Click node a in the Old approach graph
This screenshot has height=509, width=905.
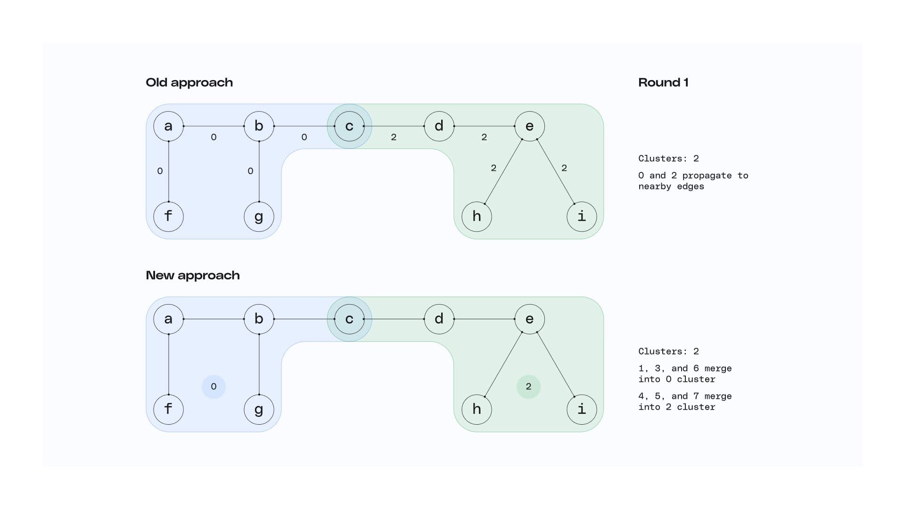(168, 126)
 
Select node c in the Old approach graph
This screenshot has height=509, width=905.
(349, 126)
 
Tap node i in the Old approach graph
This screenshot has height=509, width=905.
(582, 217)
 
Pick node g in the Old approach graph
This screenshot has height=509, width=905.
(259, 217)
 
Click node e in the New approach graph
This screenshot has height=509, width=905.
(529, 319)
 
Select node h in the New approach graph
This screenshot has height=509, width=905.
(477, 409)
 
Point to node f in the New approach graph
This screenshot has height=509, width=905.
(168, 409)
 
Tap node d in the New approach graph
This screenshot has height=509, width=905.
(439, 319)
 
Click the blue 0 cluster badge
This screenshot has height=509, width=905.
(214, 387)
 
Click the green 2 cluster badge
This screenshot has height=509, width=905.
(528, 387)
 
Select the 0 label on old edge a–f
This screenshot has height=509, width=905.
(160, 171)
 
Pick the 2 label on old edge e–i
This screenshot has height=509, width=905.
(564, 168)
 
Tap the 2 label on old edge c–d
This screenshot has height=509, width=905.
(394, 137)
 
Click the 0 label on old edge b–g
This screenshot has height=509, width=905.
(250, 171)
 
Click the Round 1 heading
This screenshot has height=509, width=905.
(663, 82)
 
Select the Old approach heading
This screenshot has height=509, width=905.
(189, 82)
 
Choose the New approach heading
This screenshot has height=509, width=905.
(192, 275)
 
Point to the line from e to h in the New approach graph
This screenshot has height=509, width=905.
(503, 364)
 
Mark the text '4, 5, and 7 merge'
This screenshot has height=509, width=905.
(685, 396)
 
